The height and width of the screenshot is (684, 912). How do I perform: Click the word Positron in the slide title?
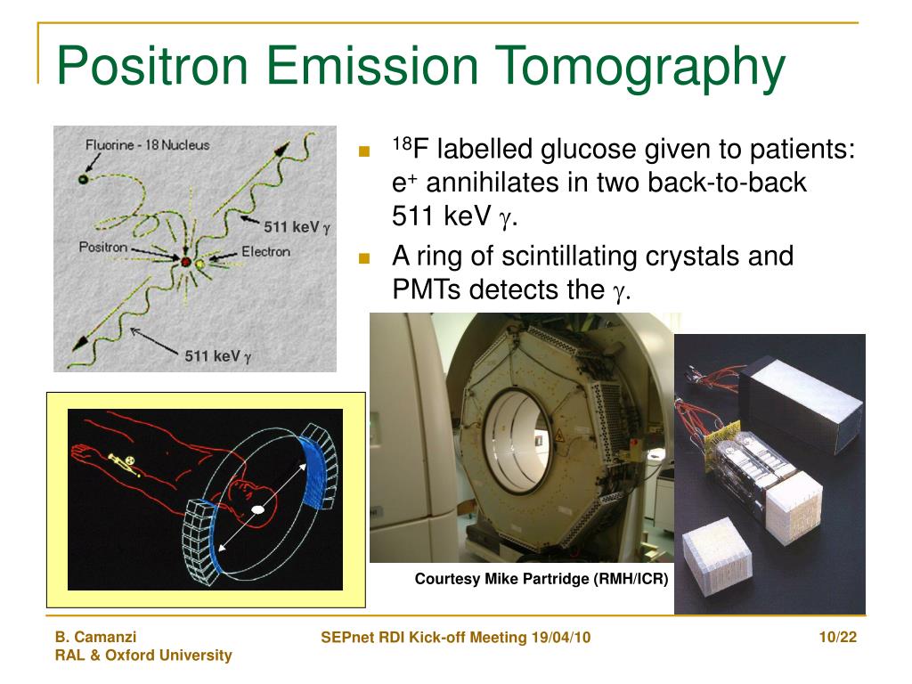pyautogui.click(x=152, y=65)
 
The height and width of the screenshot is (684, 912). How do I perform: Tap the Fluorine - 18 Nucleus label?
pyautogui.click(x=147, y=145)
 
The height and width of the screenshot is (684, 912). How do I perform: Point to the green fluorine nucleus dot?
pyautogui.click(x=83, y=179)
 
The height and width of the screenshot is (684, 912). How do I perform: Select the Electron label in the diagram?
pyautogui.click(x=265, y=251)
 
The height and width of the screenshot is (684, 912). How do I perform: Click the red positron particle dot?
pyautogui.click(x=185, y=262)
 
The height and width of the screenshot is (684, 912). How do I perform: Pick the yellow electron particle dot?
pyautogui.click(x=200, y=264)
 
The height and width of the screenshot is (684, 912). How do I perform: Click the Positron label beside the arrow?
pyautogui.click(x=103, y=248)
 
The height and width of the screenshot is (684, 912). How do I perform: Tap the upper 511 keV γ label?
pyautogui.click(x=297, y=227)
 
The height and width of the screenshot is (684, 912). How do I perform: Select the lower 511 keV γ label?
pyautogui.click(x=218, y=356)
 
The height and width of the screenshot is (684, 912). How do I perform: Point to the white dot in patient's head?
pyautogui.click(x=257, y=510)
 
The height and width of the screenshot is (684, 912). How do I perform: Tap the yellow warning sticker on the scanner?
pyautogui.click(x=559, y=435)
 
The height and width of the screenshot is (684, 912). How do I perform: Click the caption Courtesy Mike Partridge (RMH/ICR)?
pyautogui.click(x=541, y=579)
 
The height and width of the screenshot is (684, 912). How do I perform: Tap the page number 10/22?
pyautogui.click(x=837, y=638)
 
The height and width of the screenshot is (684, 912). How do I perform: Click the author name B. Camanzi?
pyautogui.click(x=95, y=637)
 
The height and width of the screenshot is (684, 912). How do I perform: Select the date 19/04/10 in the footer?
pyautogui.click(x=561, y=638)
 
